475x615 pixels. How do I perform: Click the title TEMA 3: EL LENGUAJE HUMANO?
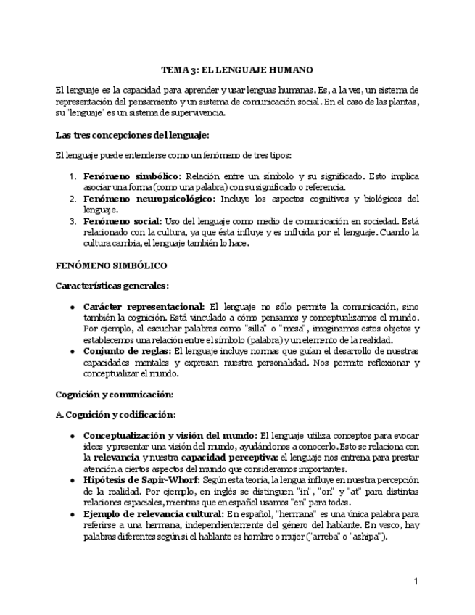[x=236, y=70]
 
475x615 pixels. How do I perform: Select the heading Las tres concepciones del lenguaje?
[x=132, y=135]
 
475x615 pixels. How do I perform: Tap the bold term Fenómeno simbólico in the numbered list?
[x=133, y=176]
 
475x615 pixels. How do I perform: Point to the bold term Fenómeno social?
[x=123, y=221]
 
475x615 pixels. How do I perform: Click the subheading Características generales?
[x=112, y=286]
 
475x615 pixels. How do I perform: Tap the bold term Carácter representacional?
[x=145, y=307]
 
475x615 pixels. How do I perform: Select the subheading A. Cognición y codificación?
[x=115, y=414]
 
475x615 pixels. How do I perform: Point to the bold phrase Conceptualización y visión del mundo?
[x=170, y=435]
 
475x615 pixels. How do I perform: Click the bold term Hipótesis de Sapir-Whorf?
[x=139, y=480]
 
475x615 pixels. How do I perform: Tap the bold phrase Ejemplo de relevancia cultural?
[x=152, y=513]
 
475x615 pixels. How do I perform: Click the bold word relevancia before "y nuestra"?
[x=117, y=458]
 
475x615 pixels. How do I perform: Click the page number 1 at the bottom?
[x=416, y=581]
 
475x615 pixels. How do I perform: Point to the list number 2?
[x=73, y=199]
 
